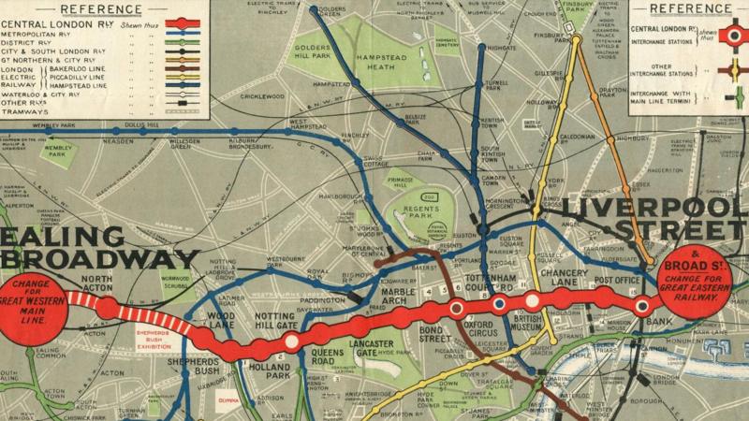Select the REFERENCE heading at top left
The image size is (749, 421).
coord(105,7)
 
